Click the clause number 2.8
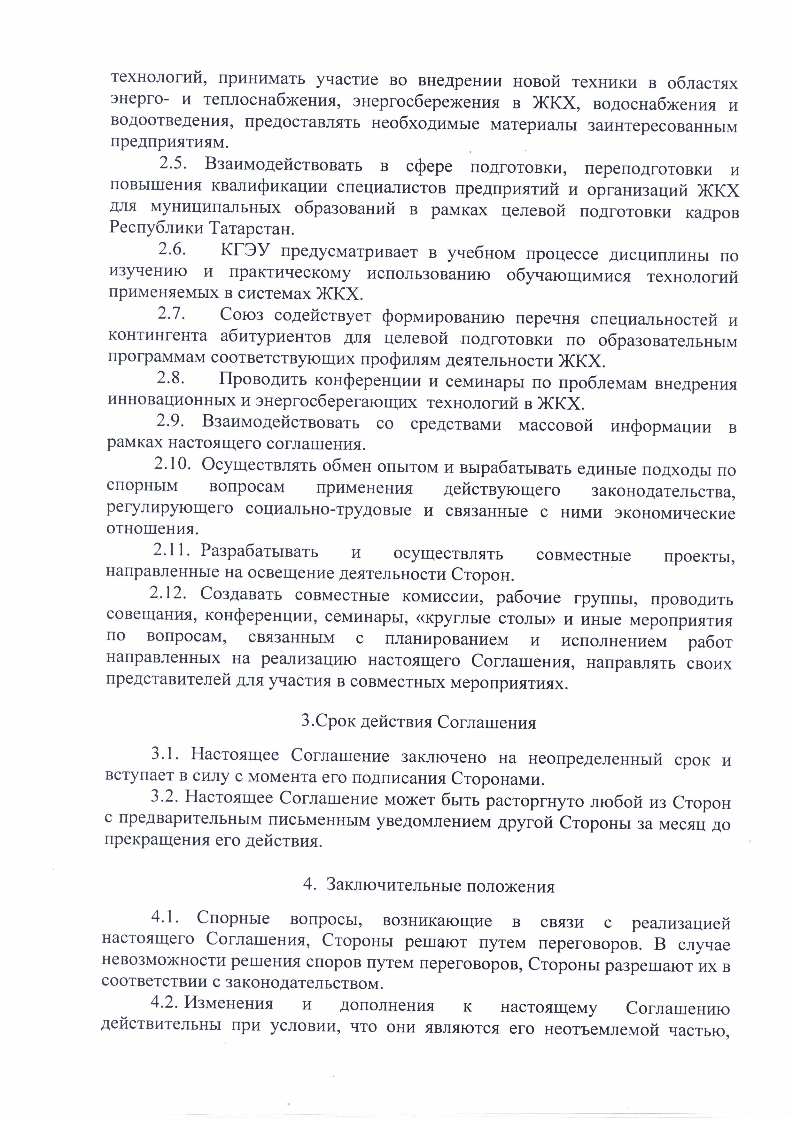coord(170,378)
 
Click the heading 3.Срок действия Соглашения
coord(419,723)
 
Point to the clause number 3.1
coord(165,754)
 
